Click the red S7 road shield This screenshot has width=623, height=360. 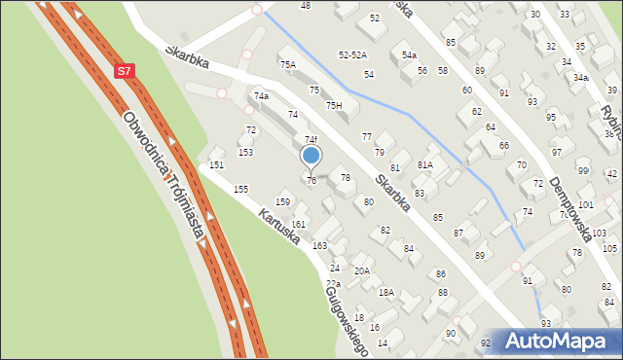(124, 71)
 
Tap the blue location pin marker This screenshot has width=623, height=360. (311, 156)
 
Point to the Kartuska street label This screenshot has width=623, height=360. (278, 225)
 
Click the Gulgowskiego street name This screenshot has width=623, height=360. (348, 319)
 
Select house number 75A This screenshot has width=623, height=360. (288, 65)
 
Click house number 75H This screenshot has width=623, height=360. (334, 105)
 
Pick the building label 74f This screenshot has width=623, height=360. (311, 140)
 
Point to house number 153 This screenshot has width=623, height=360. (246, 153)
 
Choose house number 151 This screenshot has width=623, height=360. (216, 165)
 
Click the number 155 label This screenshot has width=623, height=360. (240, 189)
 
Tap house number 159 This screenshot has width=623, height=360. (282, 201)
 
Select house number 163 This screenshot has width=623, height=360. (319, 246)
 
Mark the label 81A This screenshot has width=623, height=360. (424, 165)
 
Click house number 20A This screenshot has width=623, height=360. (361, 271)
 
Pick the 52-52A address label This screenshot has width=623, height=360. (352, 55)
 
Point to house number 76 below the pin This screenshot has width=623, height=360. (311, 180)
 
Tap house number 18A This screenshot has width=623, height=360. (385, 292)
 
